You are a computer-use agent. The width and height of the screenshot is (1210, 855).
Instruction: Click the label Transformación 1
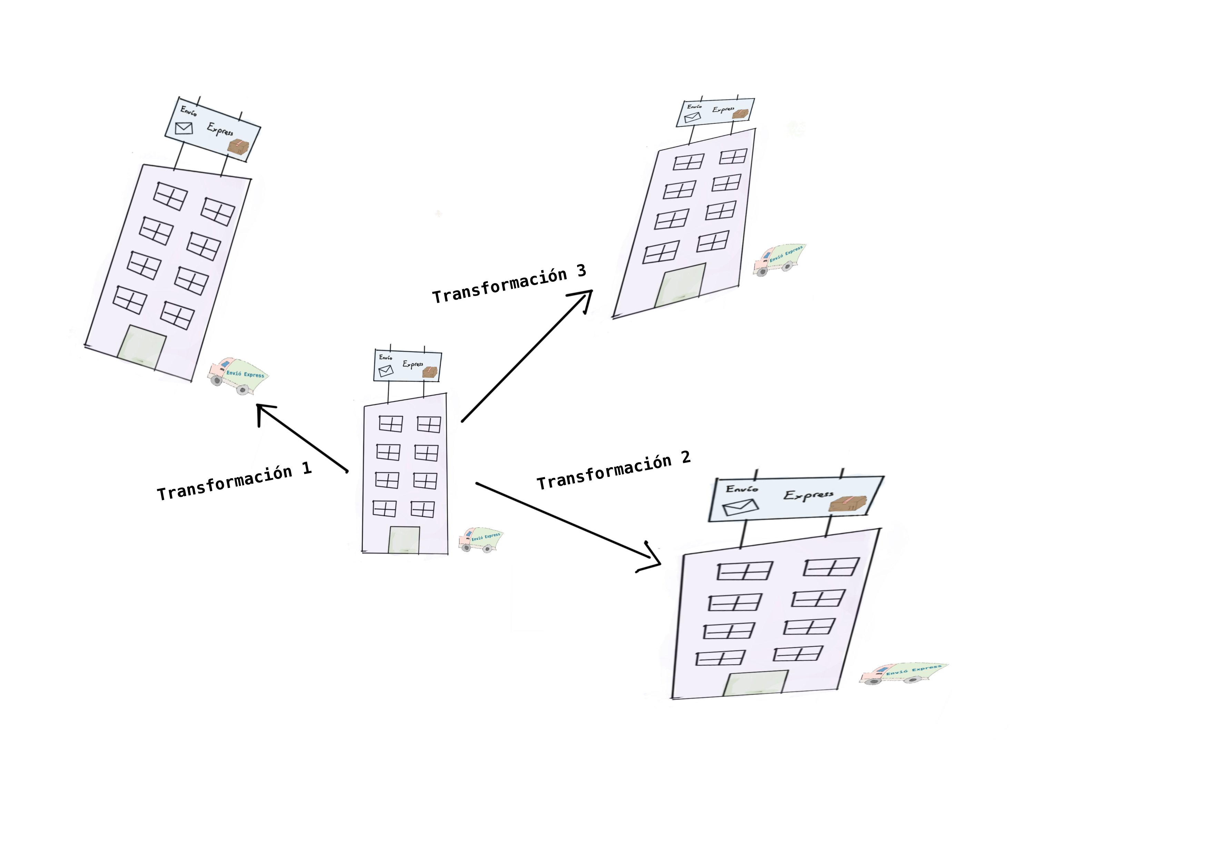[x=235, y=482]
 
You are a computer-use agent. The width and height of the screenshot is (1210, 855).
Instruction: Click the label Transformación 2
[x=613, y=471]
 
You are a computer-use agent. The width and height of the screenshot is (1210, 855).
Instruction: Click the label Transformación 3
[x=509, y=284]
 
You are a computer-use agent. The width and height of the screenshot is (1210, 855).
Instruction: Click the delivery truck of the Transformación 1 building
[x=238, y=375]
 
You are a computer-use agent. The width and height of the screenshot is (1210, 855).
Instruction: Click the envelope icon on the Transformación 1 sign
[x=184, y=128]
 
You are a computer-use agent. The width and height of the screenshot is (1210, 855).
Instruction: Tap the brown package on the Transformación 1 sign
[x=238, y=148]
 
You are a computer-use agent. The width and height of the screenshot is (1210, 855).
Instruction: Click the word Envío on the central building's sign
[x=386, y=358]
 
